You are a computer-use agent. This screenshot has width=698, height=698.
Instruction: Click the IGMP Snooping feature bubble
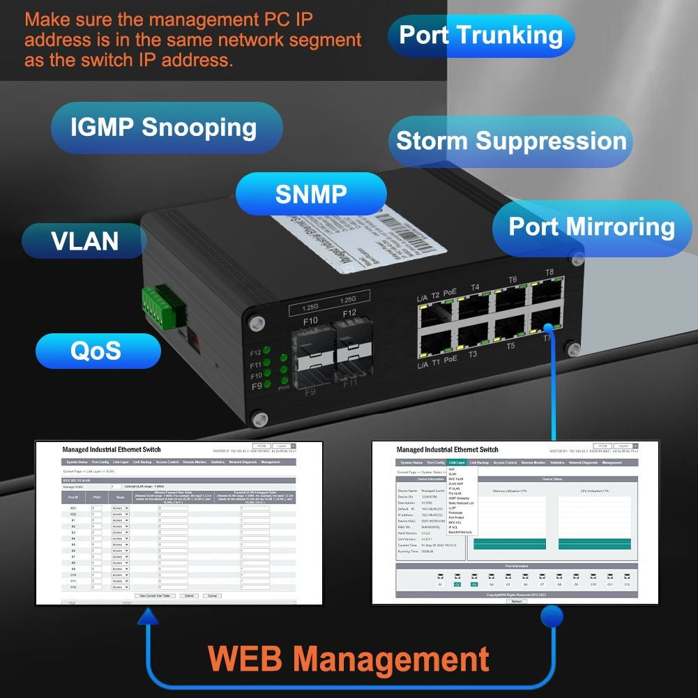165,128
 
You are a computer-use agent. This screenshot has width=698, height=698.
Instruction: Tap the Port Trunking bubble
481,35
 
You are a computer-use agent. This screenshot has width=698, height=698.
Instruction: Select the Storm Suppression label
511,141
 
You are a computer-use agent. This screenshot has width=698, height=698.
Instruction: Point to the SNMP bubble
310,194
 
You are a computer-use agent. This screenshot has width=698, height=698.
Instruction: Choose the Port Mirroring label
591,227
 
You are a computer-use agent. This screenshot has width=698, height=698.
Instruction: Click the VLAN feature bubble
85,241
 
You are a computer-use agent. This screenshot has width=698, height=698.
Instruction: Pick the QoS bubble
96,351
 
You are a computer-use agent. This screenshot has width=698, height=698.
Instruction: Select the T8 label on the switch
549,273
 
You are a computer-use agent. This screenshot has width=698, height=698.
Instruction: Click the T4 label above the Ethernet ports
475,287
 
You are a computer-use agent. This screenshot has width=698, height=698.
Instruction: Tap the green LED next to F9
268,386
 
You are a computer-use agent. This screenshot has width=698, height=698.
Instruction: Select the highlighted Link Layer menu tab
457,462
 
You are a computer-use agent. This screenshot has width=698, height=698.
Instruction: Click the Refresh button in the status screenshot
516,601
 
